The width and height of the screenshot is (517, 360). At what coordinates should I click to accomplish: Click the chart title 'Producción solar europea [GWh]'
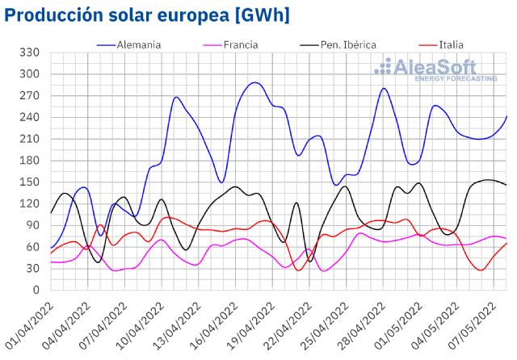click(147, 15)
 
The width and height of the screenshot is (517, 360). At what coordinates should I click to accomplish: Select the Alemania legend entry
click(139, 44)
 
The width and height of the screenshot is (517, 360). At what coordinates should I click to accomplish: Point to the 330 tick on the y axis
click(30, 52)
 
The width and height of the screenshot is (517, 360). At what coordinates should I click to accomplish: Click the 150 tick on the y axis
click(30, 182)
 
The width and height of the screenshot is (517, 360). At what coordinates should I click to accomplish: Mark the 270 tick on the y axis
click(30, 95)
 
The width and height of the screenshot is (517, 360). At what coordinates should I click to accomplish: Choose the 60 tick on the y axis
click(33, 246)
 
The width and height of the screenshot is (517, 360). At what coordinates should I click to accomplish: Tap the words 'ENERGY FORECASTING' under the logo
click(456, 79)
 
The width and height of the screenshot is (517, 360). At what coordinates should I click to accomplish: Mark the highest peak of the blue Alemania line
click(254, 82)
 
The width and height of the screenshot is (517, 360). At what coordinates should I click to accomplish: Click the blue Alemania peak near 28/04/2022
click(385, 89)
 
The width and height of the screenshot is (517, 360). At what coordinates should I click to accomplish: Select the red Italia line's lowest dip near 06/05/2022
click(481, 270)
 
